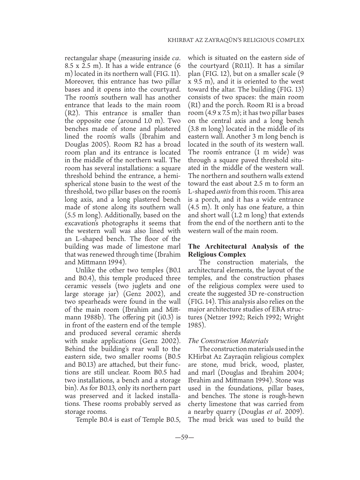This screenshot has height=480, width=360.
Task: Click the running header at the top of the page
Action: tap(236, 41)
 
